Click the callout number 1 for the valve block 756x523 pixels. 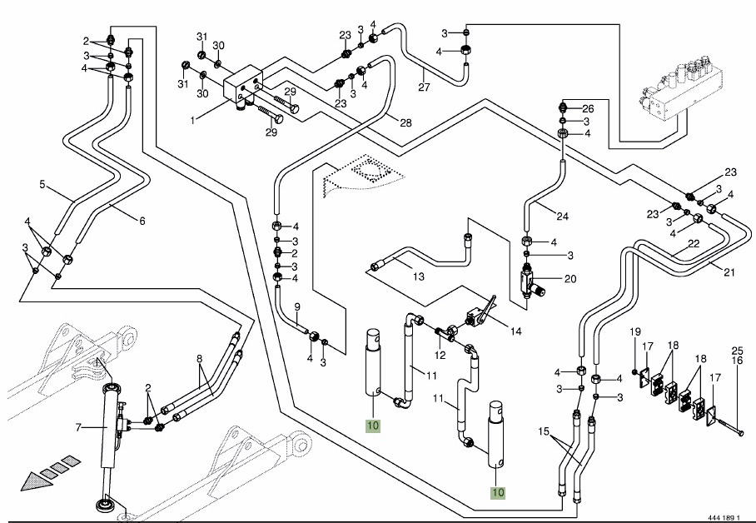click(x=191, y=121)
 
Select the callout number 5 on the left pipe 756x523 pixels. click(x=41, y=185)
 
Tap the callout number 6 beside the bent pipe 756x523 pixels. click(x=142, y=221)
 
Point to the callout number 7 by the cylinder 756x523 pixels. click(x=77, y=428)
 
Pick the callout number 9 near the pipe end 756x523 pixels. click(x=296, y=308)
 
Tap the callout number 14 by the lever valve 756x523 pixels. click(x=516, y=331)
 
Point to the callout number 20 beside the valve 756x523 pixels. click(x=570, y=279)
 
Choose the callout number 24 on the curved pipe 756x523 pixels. click(x=562, y=217)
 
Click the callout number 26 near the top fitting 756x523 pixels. click(x=589, y=108)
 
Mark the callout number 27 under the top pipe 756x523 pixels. click(x=424, y=87)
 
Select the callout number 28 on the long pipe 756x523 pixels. click(x=405, y=123)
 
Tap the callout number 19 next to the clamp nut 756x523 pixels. click(x=633, y=333)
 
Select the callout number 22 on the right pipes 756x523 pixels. click(x=693, y=245)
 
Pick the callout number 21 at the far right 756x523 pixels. click(x=729, y=271)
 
